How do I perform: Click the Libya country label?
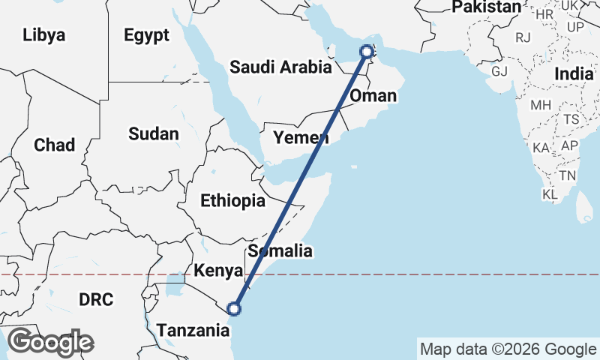[44, 34]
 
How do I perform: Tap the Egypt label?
[147, 34]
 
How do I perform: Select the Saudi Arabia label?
[280, 67]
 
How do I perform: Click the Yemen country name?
[301, 137]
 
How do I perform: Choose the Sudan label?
[153, 134]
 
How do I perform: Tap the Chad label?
[54, 145]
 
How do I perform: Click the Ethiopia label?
[232, 201]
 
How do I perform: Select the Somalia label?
[280, 250]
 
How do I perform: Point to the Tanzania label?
[191, 328]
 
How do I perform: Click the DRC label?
[96, 300]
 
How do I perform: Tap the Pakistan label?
[486, 7]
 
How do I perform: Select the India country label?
[574, 73]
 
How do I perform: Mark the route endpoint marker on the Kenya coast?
[234, 308]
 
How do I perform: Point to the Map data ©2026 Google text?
[508, 349]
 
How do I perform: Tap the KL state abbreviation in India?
[550, 195]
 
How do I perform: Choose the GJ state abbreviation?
[499, 71]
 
